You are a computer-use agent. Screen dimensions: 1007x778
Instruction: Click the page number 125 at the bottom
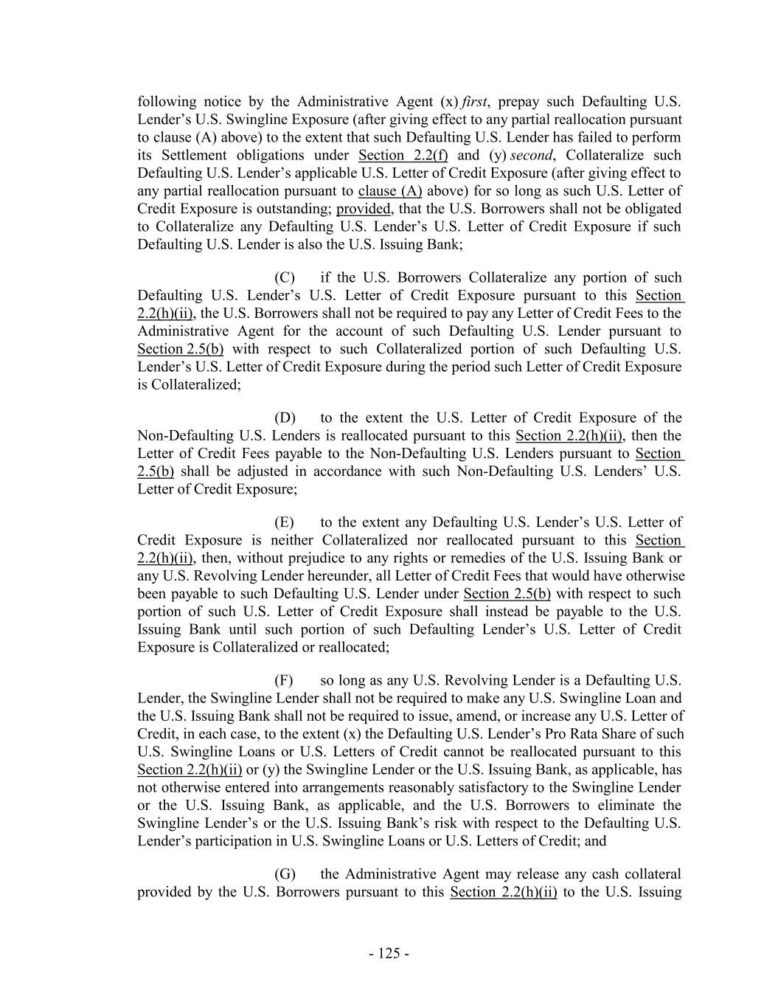click(389, 953)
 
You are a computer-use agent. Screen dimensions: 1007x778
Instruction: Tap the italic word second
click(532, 155)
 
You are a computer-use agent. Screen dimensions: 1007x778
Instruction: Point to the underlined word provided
click(363, 209)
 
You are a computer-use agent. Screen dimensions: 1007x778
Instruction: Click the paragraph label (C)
click(285, 278)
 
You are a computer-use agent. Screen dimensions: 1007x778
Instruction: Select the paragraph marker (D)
click(285, 418)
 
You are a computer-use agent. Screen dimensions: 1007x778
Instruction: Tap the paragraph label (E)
click(284, 523)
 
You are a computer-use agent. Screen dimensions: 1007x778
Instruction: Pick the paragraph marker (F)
click(284, 680)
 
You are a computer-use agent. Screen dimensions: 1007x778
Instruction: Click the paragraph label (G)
click(285, 874)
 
